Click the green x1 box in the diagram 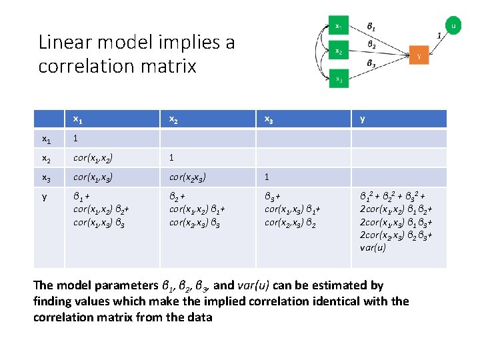pos(339,27)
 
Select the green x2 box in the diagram pos(339,51)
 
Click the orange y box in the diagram pos(419,57)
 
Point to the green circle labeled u pos(453,27)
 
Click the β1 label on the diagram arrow pos(371,28)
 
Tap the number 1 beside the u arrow pos(438,35)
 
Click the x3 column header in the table pos(269,119)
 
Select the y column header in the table pos(362,119)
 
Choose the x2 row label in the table pos(47,159)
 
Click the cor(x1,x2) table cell pos(93,159)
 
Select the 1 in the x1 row pos(76,139)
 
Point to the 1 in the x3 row pos(267,177)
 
